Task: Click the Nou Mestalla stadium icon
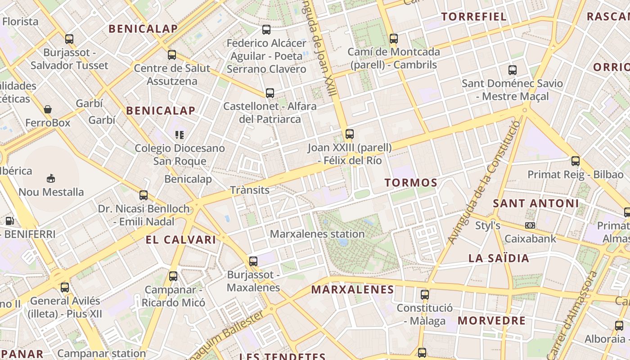coord(51,179)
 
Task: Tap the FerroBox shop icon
coord(48,109)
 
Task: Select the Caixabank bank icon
coord(530,225)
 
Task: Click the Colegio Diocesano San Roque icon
coord(180,135)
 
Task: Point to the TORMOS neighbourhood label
coord(411,183)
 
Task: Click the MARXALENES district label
coord(352,289)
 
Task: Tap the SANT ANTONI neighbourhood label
coord(535,203)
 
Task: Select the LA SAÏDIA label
coord(499,258)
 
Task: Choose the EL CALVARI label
coord(180,240)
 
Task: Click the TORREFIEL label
coord(474,17)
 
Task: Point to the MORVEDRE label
coord(491,321)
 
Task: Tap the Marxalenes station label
coord(317,234)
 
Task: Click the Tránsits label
coord(250,190)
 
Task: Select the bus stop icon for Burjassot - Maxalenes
coord(253,261)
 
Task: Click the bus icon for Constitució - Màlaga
coord(424,295)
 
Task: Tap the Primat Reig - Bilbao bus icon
coord(575,161)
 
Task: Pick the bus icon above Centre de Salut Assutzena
coord(172,55)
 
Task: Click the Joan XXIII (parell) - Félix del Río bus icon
coord(349,134)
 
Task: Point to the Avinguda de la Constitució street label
coord(484,182)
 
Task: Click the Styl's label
coord(488,225)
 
